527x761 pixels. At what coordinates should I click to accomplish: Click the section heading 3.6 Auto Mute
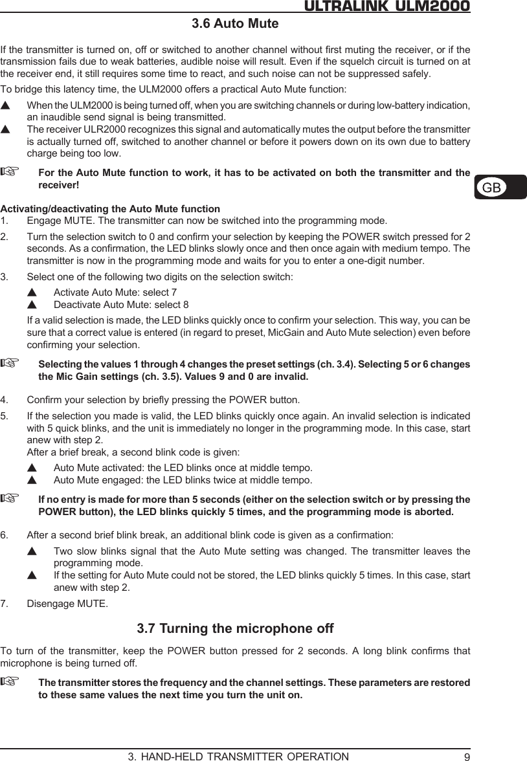tap(235, 25)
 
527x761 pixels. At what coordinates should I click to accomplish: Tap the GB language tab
tap(491, 188)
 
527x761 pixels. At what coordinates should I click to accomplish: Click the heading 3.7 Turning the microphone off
tap(236, 628)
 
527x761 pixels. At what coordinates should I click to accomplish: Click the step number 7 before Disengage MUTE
tap(5, 604)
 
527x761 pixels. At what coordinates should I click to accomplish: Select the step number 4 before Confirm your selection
tap(5, 397)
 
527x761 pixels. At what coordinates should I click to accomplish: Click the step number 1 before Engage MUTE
tap(5, 221)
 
